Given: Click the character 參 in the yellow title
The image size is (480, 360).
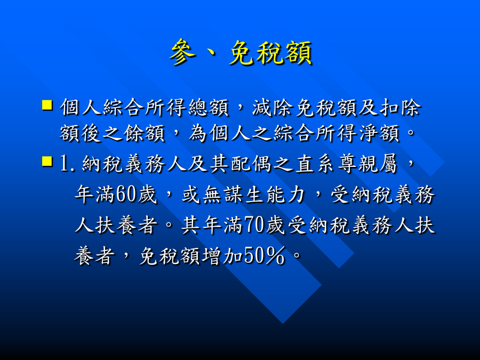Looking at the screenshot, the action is pyautogui.click(x=183, y=53).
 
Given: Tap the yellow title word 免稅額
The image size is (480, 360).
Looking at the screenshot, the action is pyautogui.click(x=270, y=53).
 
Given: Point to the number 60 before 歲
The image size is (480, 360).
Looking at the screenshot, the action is pyautogui.click(x=126, y=194).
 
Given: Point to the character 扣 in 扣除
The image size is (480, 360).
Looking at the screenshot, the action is pyautogui.click(x=389, y=107).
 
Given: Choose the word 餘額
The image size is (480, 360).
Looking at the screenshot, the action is pyautogui.click(x=145, y=133).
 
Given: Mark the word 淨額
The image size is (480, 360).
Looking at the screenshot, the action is pyautogui.click(x=380, y=133).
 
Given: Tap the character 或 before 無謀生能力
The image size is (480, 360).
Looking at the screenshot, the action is pyautogui.click(x=191, y=194).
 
